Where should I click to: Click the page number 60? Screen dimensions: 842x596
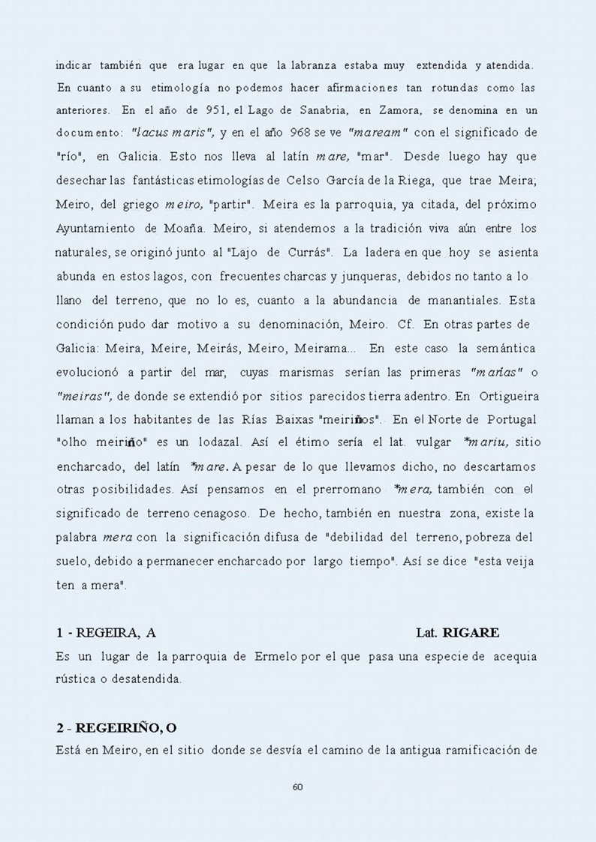tap(297, 787)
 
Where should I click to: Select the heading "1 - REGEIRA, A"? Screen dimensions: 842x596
tap(106, 633)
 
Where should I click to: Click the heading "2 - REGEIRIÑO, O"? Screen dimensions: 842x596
tap(116, 728)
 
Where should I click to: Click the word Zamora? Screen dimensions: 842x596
tap(400, 111)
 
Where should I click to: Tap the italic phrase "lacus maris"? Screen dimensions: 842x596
tap(173, 134)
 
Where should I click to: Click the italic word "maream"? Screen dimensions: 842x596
tap(378, 134)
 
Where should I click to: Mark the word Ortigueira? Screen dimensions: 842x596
tap(506, 395)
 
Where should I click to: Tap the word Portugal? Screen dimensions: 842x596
tap(507, 419)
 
